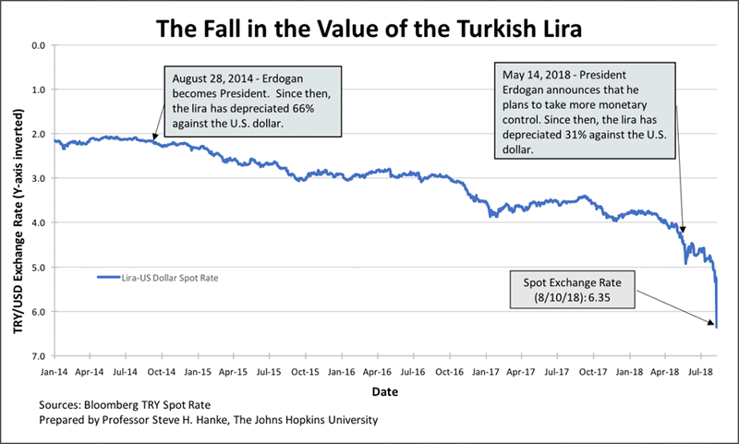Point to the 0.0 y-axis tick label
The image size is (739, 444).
(38, 45)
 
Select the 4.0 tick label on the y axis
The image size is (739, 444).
(38, 222)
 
